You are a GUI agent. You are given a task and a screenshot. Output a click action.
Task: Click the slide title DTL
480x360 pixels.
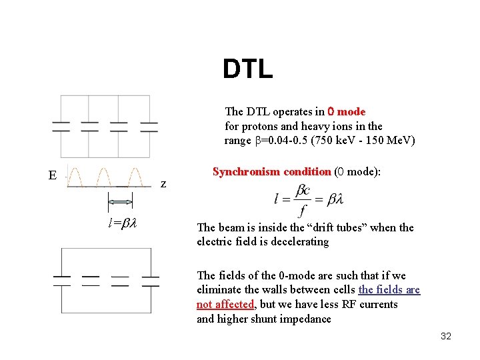pos(247,69)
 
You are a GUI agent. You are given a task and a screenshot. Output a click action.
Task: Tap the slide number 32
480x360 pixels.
pos(446,336)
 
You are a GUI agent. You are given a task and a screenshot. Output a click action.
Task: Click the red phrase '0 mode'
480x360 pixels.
pos(346,111)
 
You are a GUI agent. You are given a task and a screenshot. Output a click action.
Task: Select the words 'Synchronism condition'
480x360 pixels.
pos(271,171)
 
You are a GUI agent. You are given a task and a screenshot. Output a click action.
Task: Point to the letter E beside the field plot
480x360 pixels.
pos(53,176)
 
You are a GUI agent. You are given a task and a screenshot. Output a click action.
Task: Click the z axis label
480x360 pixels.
pos(164,184)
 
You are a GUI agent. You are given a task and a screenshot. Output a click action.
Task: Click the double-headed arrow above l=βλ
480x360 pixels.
pos(121,202)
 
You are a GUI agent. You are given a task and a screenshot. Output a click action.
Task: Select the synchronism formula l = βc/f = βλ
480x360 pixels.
pos(308,199)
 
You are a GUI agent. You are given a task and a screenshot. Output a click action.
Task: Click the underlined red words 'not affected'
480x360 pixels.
pos(225,304)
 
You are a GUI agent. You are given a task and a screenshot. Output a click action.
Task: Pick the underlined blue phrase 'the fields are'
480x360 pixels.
pos(389,289)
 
